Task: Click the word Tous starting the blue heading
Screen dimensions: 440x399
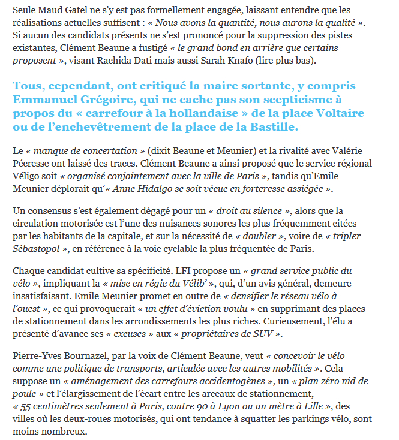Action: (25, 86)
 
